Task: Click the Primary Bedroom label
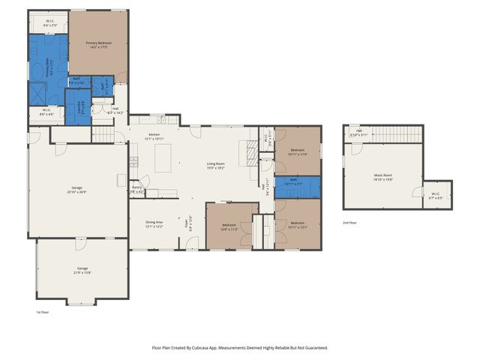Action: (x=97, y=45)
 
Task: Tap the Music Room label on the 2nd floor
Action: (x=383, y=176)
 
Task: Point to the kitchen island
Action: (x=163, y=157)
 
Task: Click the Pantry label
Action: (x=136, y=190)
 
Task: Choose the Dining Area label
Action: (x=154, y=223)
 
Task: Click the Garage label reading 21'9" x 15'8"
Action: (x=82, y=270)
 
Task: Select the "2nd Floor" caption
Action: (x=350, y=223)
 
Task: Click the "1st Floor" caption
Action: (x=43, y=312)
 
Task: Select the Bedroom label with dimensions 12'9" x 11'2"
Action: (x=229, y=226)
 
